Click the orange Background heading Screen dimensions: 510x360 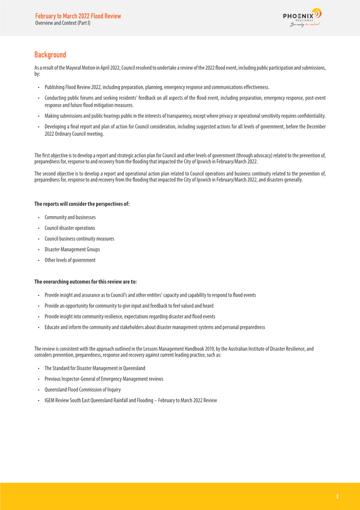[50, 55]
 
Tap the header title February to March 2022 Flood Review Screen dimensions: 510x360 [78, 16]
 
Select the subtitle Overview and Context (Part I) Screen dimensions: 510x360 [62, 23]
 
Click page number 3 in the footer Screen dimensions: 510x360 [337, 496]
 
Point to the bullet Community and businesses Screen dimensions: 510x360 [70, 217]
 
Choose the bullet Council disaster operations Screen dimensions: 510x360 [70, 228]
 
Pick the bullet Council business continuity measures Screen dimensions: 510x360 [79, 238]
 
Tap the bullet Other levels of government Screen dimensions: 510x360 [70, 260]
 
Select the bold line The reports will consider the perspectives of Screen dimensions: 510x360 [82, 204]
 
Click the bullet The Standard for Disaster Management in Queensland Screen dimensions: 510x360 [91, 368]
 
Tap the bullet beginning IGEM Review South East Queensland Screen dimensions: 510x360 [131, 400]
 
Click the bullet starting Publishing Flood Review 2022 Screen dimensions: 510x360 [157, 87]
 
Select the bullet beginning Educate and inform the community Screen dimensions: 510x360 [155, 327]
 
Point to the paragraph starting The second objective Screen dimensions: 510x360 [180, 176]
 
